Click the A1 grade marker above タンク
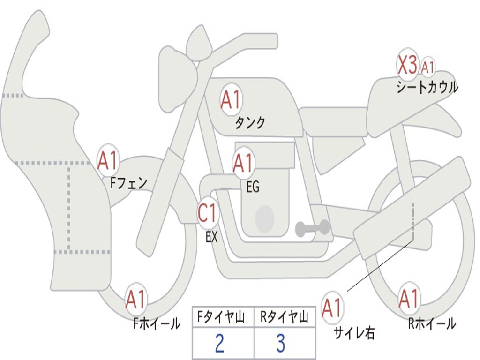click(x=231, y=100)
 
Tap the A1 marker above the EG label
click(x=243, y=163)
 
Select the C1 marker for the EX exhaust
click(x=208, y=213)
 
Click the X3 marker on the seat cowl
click(x=407, y=66)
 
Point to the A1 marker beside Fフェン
click(x=108, y=161)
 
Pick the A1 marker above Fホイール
click(x=136, y=300)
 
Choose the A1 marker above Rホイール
click(x=409, y=299)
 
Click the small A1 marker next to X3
click(x=427, y=67)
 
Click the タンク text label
click(x=250, y=123)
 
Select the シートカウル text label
click(x=427, y=88)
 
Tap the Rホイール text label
click(x=431, y=323)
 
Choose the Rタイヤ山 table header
click(x=284, y=318)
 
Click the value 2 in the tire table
click(x=219, y=344)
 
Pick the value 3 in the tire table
click(x=281, y=344)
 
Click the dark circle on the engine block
click(x=264, y=218)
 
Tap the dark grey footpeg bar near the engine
click(x=312, y=228)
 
